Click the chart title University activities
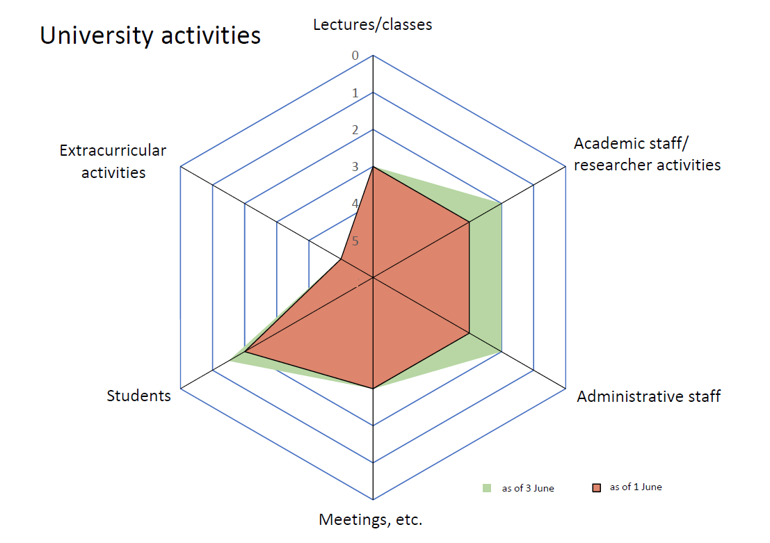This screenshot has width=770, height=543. point(150,35)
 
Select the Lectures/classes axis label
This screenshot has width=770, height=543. point(372,25)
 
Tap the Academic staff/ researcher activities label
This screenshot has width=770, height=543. point(647,154)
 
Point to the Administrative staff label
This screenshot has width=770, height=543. point(648,396)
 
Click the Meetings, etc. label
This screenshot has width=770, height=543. point(370,519)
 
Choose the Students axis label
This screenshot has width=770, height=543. point(138,396)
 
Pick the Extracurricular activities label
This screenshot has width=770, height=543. point(113,161)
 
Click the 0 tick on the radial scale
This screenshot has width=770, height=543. point(355,56)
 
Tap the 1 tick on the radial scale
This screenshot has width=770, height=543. point(355,93)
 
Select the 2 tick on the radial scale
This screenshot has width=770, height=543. point(355,130)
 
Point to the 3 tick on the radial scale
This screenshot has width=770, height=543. point(355,167)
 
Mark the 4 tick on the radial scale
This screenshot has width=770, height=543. point(355,204)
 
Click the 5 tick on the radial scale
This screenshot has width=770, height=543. point(355,241)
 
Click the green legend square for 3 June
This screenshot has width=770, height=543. point(487,488)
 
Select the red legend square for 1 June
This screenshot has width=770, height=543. point(596,488)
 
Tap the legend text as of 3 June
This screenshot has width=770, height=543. point(528,488)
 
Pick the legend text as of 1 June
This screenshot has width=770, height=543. point(636,487)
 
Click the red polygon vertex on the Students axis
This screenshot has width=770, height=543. point(246,352)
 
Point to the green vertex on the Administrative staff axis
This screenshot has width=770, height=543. point(502,352)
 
